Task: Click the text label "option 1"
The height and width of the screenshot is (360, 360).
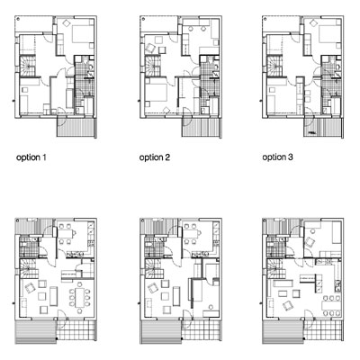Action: pyautogui.click(x=31, y=157)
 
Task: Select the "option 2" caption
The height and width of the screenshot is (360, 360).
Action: pyautogui.click(x=155, y=157)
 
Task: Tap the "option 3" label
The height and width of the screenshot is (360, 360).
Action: pyautogui.click(x=277, y=157)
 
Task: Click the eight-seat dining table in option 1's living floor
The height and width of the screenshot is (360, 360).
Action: pyautogui.click(x=80, y=297)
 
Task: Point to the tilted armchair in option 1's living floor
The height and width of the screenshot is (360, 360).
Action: pyautogui.click(x=30, y=288)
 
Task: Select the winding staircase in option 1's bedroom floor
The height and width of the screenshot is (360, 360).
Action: pyautogui.click(x=27, y=66)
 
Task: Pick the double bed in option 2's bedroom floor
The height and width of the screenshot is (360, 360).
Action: pyautogui.click(x=156, y=93)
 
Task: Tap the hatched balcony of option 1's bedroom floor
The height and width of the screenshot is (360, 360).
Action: pyautogui.click(x=76, y=127)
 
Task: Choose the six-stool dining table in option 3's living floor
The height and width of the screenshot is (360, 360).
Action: pyautogui.click(x=332, y=306)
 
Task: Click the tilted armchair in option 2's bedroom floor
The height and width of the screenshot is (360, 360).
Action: pyautogui.click(x=150, y=49)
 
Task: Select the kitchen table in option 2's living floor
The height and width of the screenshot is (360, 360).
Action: pyautogui.click(x=191, y=233)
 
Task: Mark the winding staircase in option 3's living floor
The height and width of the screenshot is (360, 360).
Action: pyautogui.click(x=273, y=268)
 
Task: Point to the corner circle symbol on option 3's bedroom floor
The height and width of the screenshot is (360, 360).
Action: pyautogui.click(x=265, y=19)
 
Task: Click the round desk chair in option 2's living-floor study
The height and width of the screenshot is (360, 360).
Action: pyautogui.click(x=211, y=307)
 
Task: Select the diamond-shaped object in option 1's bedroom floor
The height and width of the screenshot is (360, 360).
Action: pyautogui.click(x=67, y=23)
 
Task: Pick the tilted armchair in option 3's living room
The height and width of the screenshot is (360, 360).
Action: pyautogui.click(x=288, y=305)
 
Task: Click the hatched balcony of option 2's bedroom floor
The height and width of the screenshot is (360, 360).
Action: pyautogui.click(x=202, y=127)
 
